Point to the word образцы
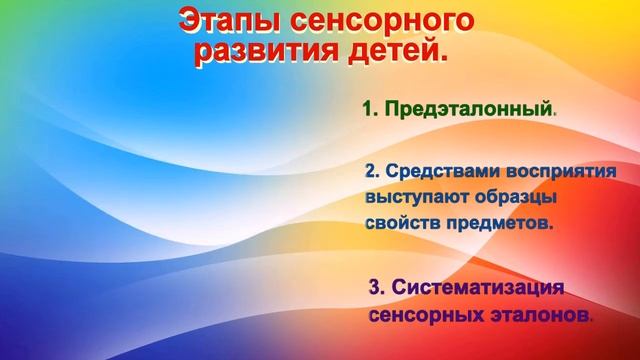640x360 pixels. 513,197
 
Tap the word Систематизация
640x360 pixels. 479,288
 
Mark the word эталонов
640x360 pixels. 531,315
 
